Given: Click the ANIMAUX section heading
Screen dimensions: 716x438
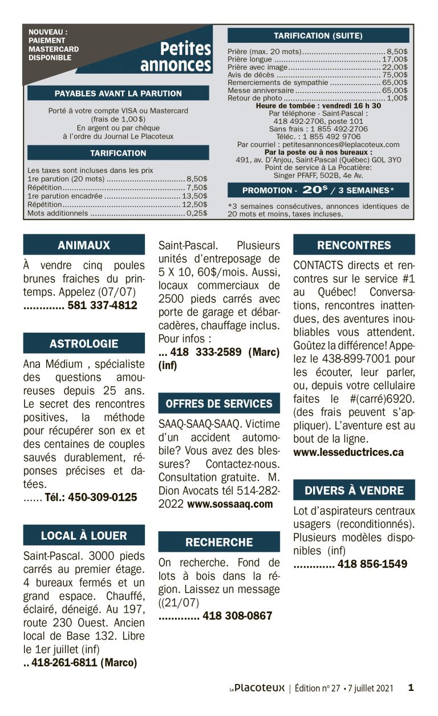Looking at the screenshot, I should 84,245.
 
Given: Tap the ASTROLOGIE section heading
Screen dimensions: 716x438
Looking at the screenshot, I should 84,344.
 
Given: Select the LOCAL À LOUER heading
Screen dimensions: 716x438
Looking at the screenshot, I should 84,536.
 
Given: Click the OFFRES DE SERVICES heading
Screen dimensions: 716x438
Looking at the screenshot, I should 219,403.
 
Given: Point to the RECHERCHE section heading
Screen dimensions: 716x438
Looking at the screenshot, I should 219,542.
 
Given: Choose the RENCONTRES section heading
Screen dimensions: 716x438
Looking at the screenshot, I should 354,245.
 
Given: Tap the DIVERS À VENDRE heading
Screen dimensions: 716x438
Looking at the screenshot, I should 354,490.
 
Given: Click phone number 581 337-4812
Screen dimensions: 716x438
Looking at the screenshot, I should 102,305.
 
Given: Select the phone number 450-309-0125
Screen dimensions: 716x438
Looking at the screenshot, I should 102,497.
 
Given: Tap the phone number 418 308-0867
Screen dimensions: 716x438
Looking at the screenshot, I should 237,616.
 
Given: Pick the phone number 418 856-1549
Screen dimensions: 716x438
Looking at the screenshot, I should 372,564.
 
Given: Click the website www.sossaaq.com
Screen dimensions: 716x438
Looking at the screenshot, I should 230,504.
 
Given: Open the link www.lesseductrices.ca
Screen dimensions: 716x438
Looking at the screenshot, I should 348,452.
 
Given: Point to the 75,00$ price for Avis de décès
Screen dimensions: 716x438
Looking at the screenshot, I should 395,75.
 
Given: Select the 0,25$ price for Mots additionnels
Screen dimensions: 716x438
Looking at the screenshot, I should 197,213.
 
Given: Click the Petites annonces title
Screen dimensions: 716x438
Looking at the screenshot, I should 176,57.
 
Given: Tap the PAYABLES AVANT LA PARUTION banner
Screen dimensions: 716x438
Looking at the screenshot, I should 118,94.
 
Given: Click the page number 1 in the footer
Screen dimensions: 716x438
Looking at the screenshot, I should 411,687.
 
